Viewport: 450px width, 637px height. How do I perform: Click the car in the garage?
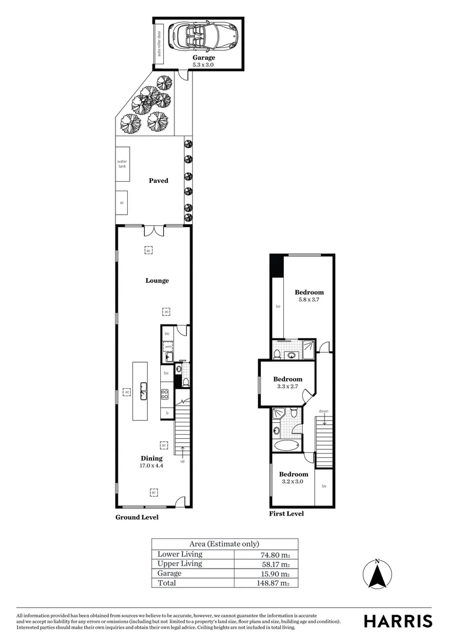tap(201, 37)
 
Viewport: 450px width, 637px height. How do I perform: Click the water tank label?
tap(122, 163)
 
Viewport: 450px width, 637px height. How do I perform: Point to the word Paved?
tap(158, 180)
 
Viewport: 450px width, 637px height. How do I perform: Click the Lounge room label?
tap(157, 280)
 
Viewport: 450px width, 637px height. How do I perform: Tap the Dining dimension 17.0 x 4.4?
tap(151, 466)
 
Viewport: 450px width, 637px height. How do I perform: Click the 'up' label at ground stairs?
tap(183, 461)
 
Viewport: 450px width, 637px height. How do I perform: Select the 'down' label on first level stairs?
tap(323, 411)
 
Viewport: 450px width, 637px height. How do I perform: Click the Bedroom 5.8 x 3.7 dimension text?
tap(309, 300)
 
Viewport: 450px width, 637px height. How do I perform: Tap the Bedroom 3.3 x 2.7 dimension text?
tap(287, 387)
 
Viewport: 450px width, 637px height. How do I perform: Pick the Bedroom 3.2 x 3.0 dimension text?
tap(293, 482)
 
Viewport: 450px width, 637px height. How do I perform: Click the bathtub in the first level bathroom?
tap(287, 445)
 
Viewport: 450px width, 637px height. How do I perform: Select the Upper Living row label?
tap(180, 564)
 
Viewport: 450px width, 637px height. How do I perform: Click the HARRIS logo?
tap(398, 620)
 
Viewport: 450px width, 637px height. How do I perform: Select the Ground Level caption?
tap(137, 517)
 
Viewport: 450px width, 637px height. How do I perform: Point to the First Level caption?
tap(286, 514)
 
